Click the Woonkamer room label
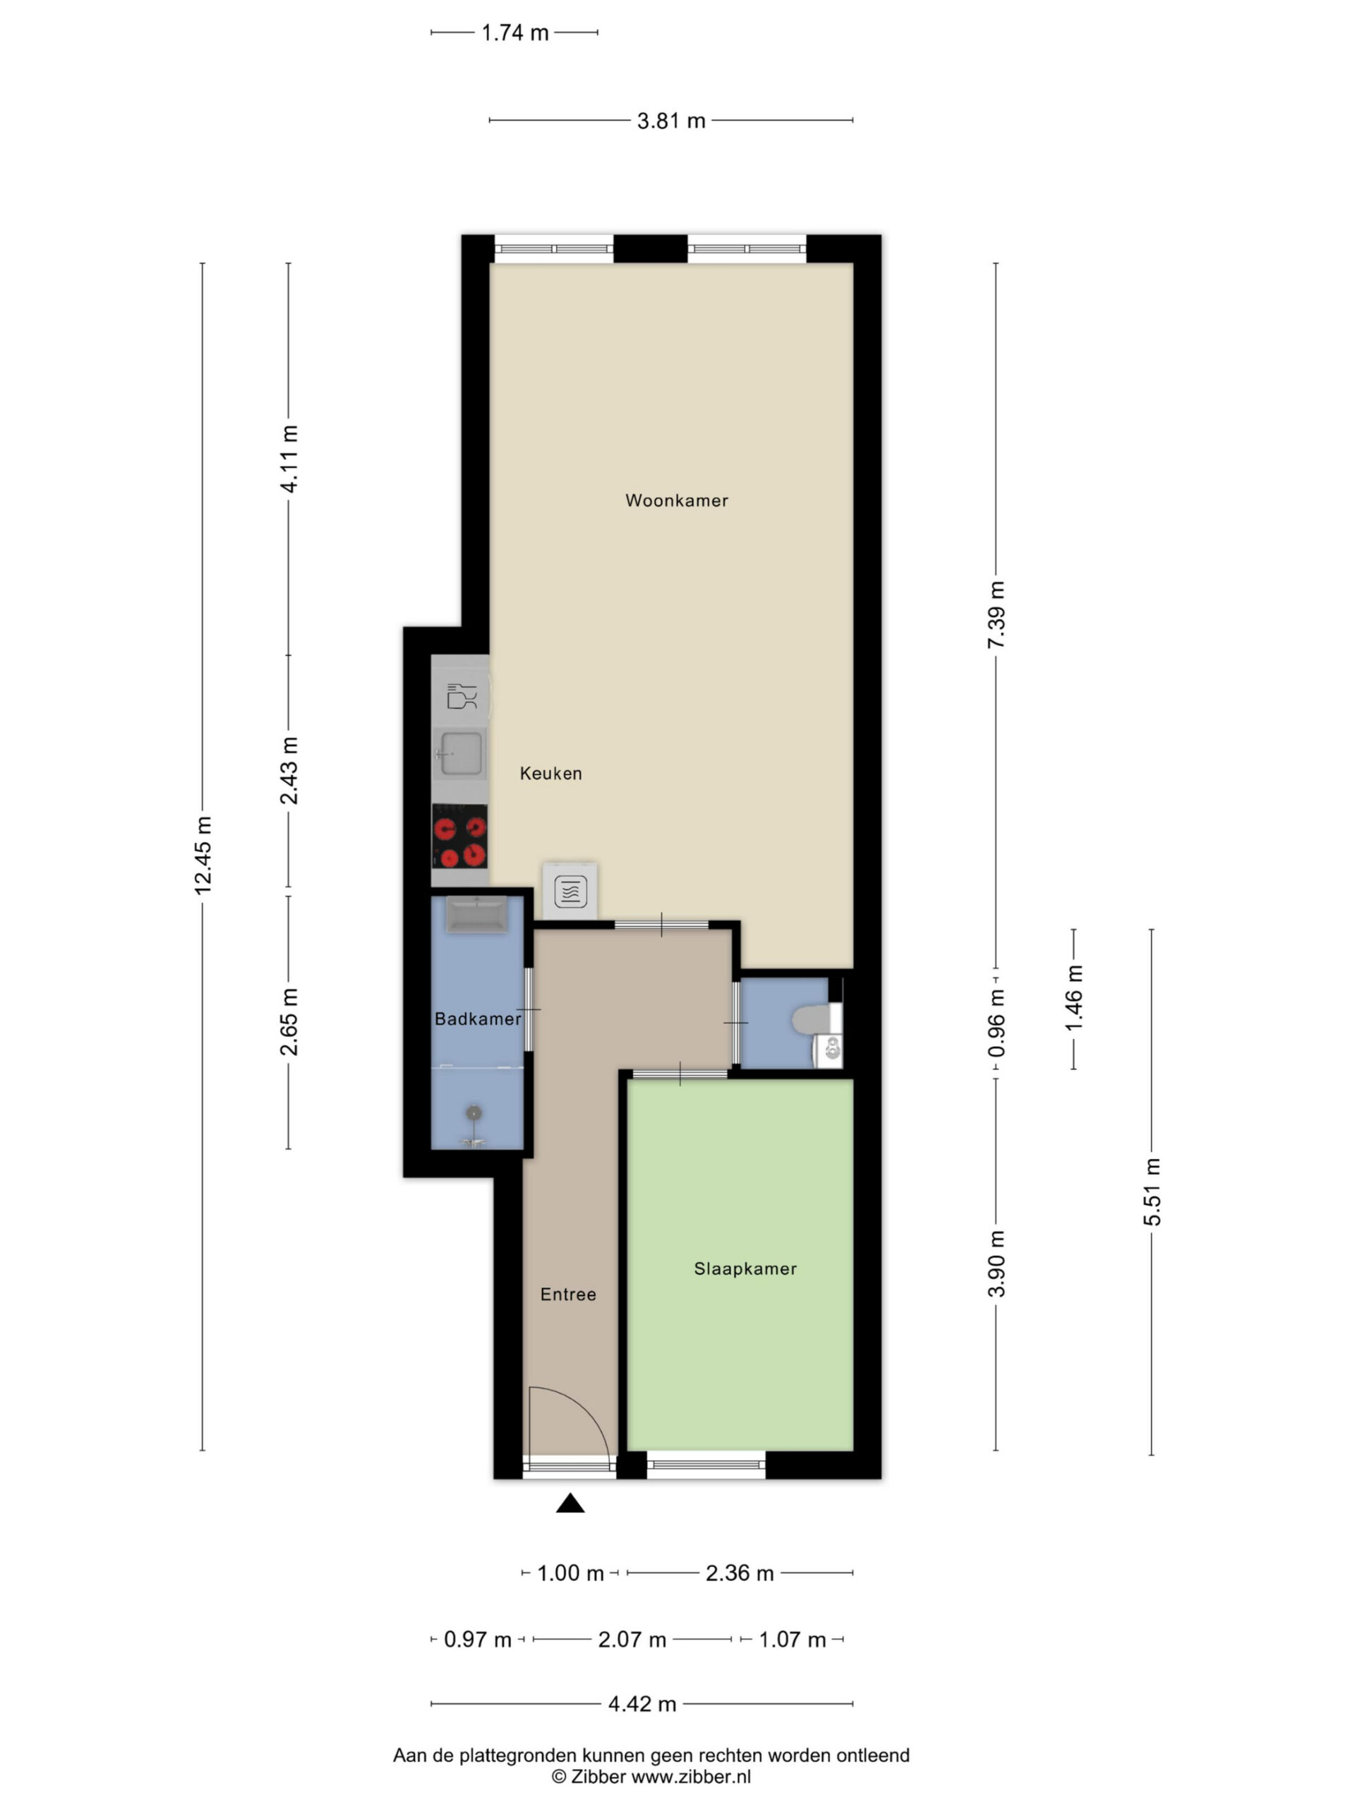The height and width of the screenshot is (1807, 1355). point(676,500)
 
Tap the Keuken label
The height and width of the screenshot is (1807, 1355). point(550,774)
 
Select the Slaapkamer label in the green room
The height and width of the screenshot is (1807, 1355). point(745,1268)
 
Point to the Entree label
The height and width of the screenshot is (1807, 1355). point(567,1294)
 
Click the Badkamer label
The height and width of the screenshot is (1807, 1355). point(478,1019)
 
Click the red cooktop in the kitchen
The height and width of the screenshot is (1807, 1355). point(460,836)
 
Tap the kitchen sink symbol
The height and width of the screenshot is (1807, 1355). point(460,753)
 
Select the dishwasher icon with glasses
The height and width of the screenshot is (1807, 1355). point(462,695)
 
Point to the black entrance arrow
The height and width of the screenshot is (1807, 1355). point(570,1503)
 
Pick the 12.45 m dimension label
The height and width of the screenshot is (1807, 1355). point(203,856)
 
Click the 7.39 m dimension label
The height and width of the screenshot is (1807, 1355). point(996,615)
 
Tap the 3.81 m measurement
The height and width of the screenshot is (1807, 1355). point(670,121)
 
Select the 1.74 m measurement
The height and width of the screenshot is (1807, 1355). point(514,32)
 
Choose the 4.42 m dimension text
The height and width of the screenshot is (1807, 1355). point(642,1703)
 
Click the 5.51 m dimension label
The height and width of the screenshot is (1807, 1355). point(1152,1191)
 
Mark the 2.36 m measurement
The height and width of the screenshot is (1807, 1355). point(739,1573)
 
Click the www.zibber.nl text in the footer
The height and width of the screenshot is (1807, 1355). point(691,1776)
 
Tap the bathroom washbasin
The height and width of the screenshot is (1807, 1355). point(476,914)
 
